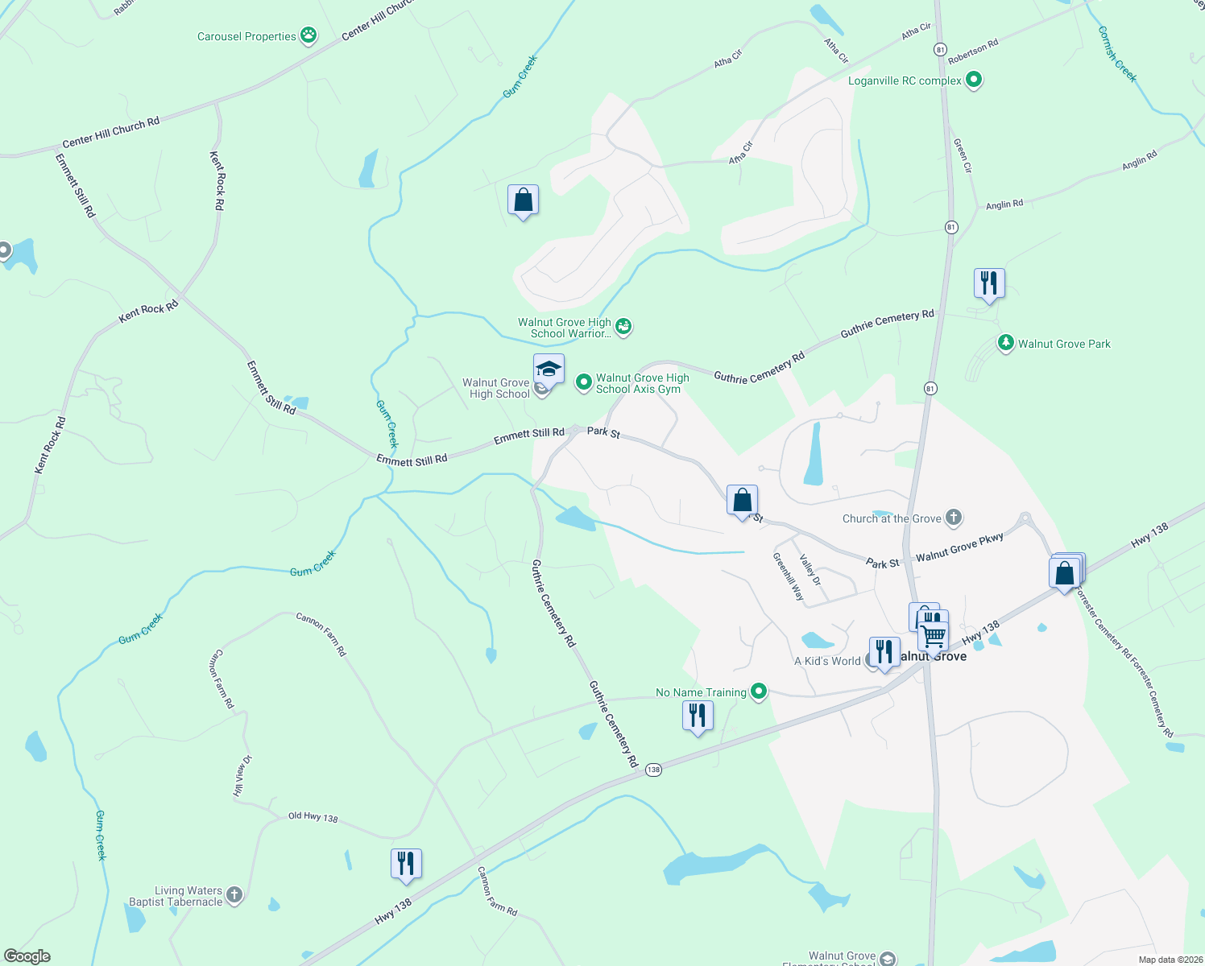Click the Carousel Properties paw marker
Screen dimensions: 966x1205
308,35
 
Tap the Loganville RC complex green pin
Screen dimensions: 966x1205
974,80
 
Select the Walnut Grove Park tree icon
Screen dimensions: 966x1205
1005,343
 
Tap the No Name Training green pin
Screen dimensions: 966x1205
758,691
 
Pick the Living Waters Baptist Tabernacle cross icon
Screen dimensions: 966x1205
234,895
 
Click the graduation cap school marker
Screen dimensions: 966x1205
549,369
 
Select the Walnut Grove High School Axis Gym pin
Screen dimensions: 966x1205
584,382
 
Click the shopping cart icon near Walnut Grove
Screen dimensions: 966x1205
934,635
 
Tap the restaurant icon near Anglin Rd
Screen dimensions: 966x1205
989,283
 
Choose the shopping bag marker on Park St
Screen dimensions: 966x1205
742,501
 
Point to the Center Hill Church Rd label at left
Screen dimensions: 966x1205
111,133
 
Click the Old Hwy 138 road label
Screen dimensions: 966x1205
313,816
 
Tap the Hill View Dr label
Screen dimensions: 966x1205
242,775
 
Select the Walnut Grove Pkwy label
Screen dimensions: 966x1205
959,548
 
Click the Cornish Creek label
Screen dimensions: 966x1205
1117,55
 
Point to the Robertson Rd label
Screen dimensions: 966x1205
973,52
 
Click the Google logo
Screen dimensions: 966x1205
27,956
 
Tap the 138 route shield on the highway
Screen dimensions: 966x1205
653,770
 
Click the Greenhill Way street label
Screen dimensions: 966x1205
789,576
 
